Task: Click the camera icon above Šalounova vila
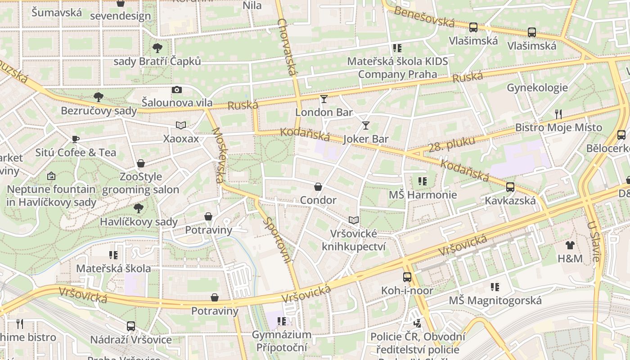click(177, 90)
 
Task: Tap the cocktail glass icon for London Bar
click(324, 99)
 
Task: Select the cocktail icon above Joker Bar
click(365, 125)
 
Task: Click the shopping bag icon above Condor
click(318, 187)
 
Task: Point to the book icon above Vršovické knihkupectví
click(354, 220)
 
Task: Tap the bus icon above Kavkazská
click(510, 187)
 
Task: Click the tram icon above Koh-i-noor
click(407, 277)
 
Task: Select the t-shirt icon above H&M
click(570, 245)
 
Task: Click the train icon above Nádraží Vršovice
click(131, 326)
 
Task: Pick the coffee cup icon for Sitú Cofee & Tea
click(76, 139)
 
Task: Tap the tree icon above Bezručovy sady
click(98, 97)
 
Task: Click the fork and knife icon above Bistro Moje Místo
click(558, 114)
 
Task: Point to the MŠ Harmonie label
click(423, 195)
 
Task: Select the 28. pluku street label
click(451, 144)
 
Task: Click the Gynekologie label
click(537, 88)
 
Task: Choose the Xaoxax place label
click(181, 139)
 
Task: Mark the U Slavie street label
click(593, 241)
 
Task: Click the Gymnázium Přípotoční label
click(281, 341)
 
